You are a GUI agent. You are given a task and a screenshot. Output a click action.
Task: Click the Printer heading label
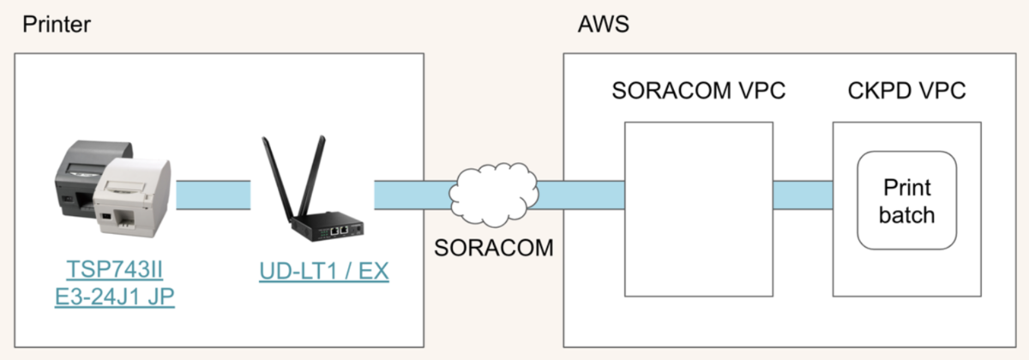57,24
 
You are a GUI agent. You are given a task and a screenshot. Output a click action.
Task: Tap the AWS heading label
605,24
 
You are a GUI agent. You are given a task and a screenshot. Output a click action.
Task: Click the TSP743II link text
115,272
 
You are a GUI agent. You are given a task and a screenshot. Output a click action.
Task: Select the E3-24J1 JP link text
115,300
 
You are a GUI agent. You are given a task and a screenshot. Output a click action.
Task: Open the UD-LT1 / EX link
324,272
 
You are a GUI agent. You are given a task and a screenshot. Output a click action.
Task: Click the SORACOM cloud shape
496,191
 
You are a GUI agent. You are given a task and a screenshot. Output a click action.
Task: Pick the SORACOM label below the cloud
492,249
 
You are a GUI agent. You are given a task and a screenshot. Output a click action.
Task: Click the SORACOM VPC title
699,92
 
